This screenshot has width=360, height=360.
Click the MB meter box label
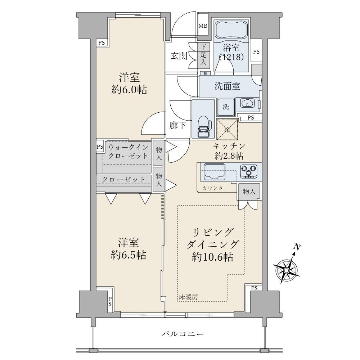coord(203,26)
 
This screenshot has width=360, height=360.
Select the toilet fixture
coord(203,126)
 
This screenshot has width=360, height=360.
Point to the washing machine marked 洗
coord(226,107)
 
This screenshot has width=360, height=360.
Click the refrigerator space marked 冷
coord(227,130)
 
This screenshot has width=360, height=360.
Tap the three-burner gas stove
coord(249,171)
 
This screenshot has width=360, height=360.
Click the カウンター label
coord(215,188)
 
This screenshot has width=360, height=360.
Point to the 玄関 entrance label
coord(179,55)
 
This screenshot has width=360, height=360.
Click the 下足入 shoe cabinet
coord(203,55)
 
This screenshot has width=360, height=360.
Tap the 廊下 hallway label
coord(178,125)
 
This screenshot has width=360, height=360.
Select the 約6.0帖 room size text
coord(129,90)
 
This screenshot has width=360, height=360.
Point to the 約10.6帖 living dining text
coord(212,257)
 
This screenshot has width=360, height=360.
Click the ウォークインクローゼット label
coord(129,151)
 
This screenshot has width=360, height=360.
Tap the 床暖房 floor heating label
coord(188,297)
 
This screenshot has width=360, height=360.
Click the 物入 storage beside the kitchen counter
coord(249,192)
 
